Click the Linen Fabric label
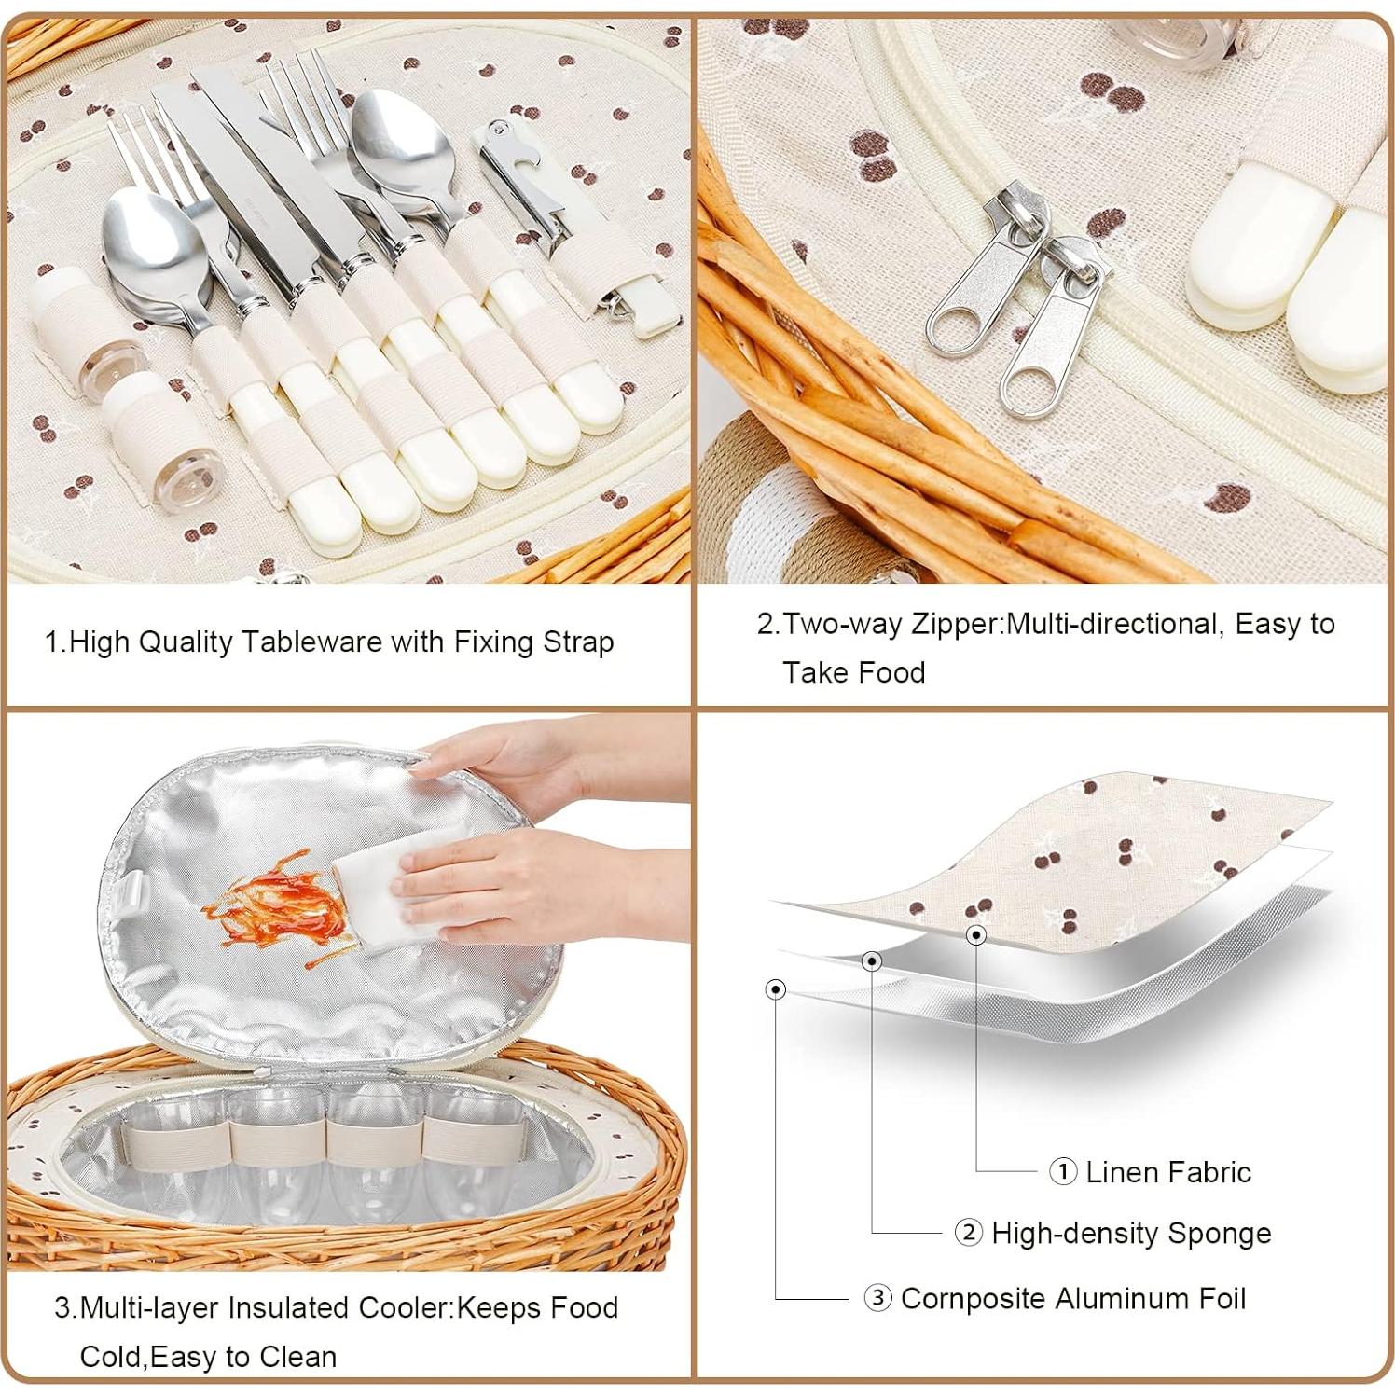[1167, 1171]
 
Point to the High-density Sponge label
[1130, 1233]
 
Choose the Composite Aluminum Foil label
[1072, 1298]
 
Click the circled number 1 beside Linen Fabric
[1063, 1171]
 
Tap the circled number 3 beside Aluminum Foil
[877, 1298]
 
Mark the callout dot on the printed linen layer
[975, 933]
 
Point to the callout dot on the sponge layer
[872, 960]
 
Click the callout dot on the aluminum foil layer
[775, 988]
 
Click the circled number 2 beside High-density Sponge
[969, 1233]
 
